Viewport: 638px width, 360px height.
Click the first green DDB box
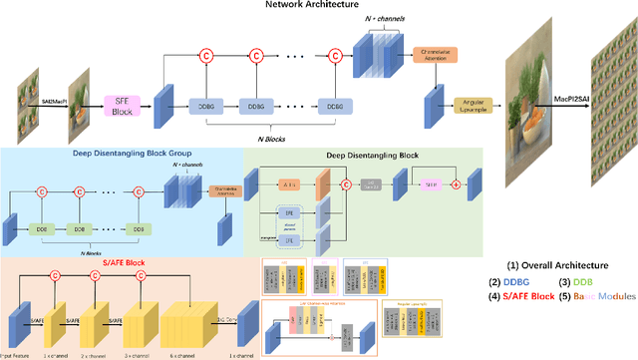click(x=43, y=228)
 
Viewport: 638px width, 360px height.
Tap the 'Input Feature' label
click(x=17, y=354)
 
